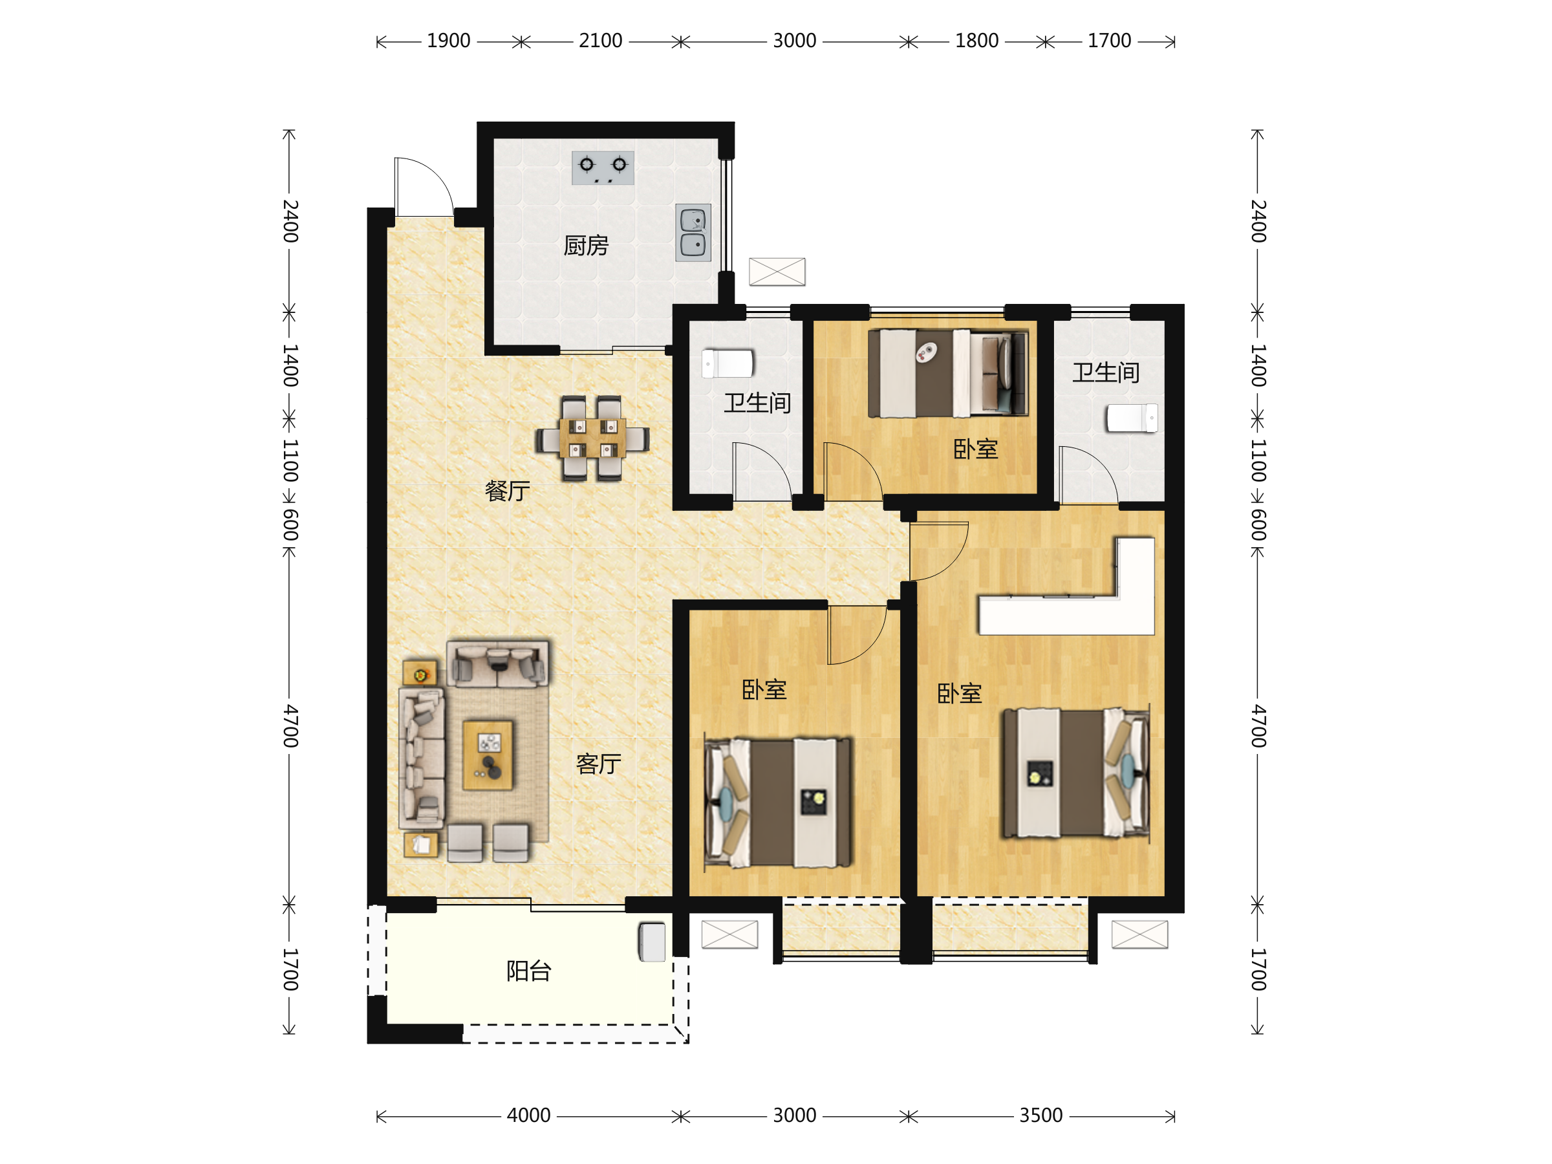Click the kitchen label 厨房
click(x=585, y=246)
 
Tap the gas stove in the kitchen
click(x=603, y=167)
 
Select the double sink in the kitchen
click(x=693, y=233)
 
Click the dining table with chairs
click(x=592, y=438)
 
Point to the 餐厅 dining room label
click(x=507, y=490)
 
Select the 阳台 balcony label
click(x=529, y=971)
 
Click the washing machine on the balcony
click(x=652, y=942)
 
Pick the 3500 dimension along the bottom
click(x=1041, y=1115)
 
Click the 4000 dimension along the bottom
click(x=528, y=1115)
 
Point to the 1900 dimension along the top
click(x=448, y=41)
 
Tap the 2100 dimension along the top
click(x=601, y=41)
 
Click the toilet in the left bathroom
click(x=727, y=363)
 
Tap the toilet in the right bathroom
click(x=1132, y=418)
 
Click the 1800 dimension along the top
click(x=976, y=41)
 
